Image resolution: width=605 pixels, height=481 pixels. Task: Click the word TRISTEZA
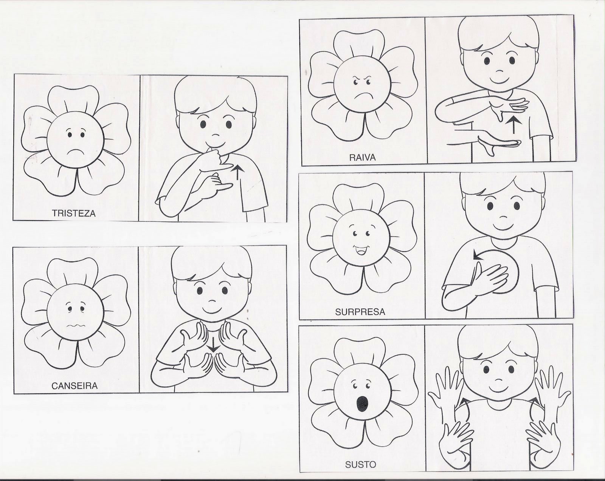click(x=74, y=213)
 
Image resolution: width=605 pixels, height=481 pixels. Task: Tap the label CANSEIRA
click(x=74, y=386)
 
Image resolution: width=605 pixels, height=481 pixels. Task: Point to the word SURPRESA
click(x=360, y=312)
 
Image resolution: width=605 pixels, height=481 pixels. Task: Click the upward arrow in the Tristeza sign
click(x=237, y=173)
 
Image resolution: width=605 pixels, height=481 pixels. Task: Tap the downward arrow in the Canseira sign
click(x=214, y=345)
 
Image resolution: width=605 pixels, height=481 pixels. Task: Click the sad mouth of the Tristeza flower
click(x=74, y=152)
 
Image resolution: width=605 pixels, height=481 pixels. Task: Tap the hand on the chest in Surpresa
click(x=489, y=278)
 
